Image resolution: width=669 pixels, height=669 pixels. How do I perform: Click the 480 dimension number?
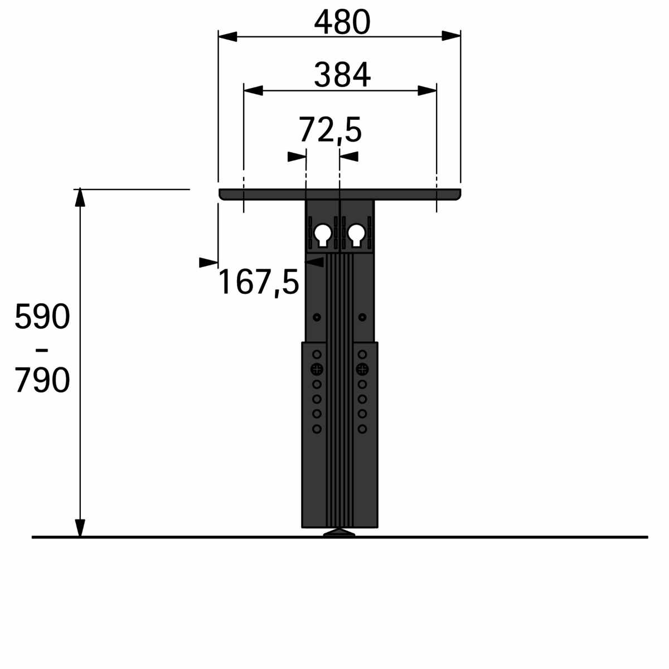click(x=342, y=22)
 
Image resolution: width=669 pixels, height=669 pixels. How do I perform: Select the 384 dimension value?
click(x=342, y=75)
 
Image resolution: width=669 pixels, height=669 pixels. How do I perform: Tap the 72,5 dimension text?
click(x=330, y=130)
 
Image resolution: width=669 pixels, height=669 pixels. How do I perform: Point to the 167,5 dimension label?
click(x=258, y=283)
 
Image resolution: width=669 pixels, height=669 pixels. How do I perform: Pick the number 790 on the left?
click(x=42, y=380)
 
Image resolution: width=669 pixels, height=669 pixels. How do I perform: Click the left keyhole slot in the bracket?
click(x=323, y=235)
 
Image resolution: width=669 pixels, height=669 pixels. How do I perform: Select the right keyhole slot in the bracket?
click(x=356, y=235)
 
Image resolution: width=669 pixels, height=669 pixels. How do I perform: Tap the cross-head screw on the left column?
click(x=317, y=369)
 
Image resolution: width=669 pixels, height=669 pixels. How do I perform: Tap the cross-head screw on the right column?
click(x=362, y=369)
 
